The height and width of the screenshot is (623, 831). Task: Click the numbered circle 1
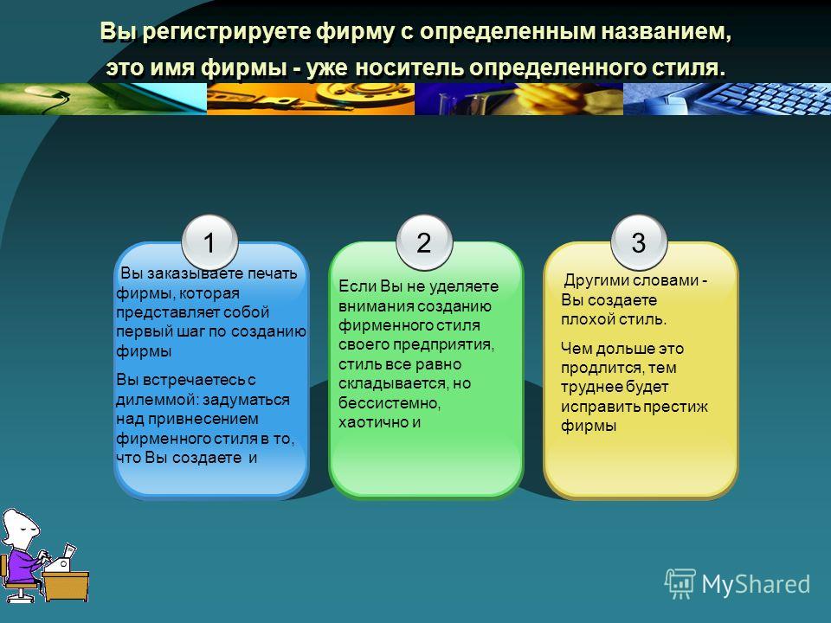tap(209, 242)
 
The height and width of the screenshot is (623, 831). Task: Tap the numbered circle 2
tap(424, 242)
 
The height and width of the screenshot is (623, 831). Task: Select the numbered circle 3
tap(639, 242)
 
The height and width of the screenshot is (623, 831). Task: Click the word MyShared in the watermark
tap(756, 584)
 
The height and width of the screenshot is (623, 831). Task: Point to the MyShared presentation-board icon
tap(680, 583)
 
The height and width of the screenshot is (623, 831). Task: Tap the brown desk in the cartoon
tap(66, 586)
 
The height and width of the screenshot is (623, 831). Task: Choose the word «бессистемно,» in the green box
tap(390, 403)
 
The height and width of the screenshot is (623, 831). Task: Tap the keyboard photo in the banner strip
tap(726, 99)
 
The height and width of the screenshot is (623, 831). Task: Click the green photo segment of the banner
tap(103, 99)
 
